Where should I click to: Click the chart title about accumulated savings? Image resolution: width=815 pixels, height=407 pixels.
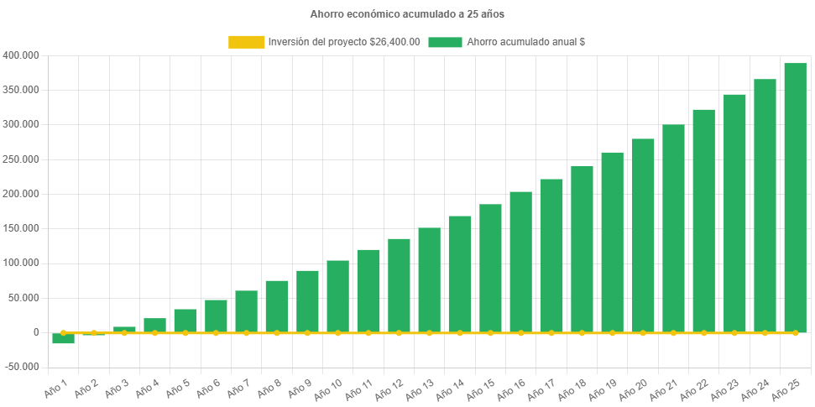coord(407,14)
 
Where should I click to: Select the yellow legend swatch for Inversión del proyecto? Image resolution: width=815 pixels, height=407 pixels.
coord(246,42)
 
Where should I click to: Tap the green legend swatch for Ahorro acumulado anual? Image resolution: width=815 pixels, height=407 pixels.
coord(445,42)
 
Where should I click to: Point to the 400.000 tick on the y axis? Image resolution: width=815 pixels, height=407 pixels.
coord(21,55)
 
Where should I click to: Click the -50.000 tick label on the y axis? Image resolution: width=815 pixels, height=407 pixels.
coord(21,368)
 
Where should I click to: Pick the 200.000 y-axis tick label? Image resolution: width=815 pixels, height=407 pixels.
coord(21,194)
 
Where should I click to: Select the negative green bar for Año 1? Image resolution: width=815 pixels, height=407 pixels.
coord(63,339)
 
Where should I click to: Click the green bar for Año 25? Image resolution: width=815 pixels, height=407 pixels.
coord(795,198)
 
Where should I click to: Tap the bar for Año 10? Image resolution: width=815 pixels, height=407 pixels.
coord(337,296)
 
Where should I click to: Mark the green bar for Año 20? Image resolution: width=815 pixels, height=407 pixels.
coord(643,236)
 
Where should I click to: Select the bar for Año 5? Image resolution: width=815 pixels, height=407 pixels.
coord(185,321)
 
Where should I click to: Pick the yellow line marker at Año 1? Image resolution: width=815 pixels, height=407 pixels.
coord(63,333)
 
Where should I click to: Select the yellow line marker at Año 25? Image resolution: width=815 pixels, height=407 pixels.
coord(795,333)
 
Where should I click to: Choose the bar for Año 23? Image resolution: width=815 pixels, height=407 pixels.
coord(734,213)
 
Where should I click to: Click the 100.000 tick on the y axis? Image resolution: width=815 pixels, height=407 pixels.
coord(21,264)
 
